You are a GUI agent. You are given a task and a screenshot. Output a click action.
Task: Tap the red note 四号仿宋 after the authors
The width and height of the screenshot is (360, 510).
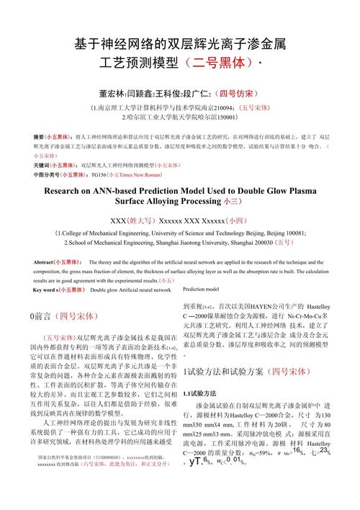[238, 94]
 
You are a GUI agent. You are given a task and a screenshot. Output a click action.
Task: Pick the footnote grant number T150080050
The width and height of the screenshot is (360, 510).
[107, 477]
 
